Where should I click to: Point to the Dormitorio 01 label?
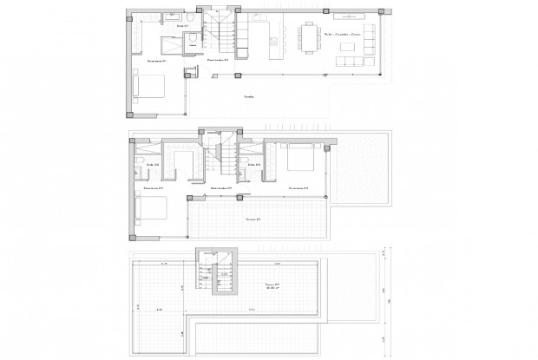(x=156, y=62)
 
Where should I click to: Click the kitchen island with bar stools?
(x=275, y=37)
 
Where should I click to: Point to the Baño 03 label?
(x=253, y=163)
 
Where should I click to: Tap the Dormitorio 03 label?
(x=299, y=188)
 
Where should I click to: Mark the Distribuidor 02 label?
(x=222, y=188)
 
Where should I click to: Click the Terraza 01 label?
(x=253, y=219)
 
